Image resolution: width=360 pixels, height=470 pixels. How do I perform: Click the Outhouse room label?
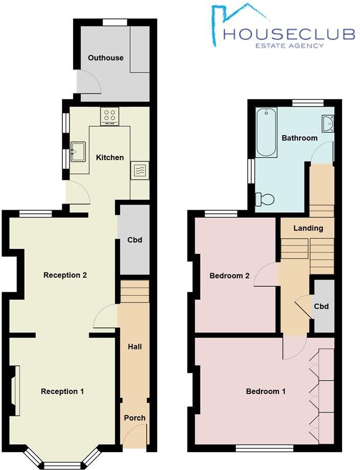point(106,58)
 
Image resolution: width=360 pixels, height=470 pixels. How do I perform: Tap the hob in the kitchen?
point(110,116)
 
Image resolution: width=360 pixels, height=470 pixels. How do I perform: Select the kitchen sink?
point(78,152)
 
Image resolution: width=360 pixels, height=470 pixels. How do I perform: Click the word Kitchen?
point(110,157)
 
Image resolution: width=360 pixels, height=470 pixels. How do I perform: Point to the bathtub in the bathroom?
point(266,132)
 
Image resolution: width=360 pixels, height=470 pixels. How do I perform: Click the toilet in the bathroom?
point(265,199)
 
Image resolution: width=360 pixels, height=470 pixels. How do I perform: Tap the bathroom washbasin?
point(328,123)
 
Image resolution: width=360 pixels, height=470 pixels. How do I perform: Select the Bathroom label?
point(299,138)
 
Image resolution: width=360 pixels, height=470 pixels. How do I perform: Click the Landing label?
point(308,228)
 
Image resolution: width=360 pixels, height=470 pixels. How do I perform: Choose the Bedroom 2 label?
point(229,276)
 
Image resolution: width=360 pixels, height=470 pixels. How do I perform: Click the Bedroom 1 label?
point(266,391)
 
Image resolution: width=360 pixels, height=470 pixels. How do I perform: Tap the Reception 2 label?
point(65,275)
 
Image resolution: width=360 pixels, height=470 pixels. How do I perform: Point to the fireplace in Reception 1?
point(16,390)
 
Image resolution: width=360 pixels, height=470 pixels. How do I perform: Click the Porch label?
point(135,417)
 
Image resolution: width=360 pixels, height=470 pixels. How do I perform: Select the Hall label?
point(135,347)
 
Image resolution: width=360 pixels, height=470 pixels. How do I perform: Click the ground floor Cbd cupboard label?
point(134,240)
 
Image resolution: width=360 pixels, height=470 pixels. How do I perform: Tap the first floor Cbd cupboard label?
point(321,307)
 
